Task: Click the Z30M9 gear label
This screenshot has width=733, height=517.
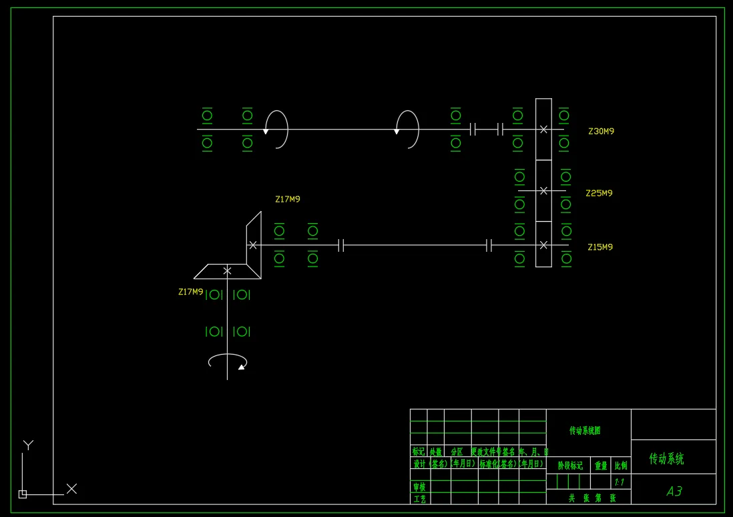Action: [x=601, y=132]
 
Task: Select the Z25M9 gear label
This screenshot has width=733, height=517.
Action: [x=599, y=193]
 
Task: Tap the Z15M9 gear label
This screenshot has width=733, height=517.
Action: [x=599, y=247]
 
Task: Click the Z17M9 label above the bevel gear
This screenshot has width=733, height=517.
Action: [x=288, y=199]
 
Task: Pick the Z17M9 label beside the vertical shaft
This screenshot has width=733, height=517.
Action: [x=190, y=292]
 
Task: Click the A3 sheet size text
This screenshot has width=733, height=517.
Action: [x=674, y=492]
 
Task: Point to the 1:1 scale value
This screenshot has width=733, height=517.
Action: [x=620, y=482]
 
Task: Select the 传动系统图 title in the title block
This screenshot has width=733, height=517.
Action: [x=585, y=431]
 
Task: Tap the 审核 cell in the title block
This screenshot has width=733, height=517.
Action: [x=419, y=487]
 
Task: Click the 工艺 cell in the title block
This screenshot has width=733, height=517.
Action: [x=419, y=499]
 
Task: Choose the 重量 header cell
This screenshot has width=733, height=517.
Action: [x=601, y=466]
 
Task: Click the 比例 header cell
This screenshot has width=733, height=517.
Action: [x=621, y=466]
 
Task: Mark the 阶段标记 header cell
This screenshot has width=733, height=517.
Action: [x=570, y=466]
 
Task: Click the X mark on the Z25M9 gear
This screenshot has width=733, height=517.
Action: [x=543, y=191]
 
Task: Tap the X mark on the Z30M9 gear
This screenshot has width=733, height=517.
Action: [x=543, y=130]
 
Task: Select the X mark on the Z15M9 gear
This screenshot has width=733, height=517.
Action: [x=543, y=245]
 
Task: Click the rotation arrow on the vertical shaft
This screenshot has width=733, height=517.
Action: [x=228, y=362]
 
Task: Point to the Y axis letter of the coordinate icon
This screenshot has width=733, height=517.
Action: [x=28, y=444]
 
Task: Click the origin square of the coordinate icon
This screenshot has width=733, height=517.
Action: [x=23, y=494]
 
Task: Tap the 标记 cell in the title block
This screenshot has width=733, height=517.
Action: [x=419, y=452]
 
